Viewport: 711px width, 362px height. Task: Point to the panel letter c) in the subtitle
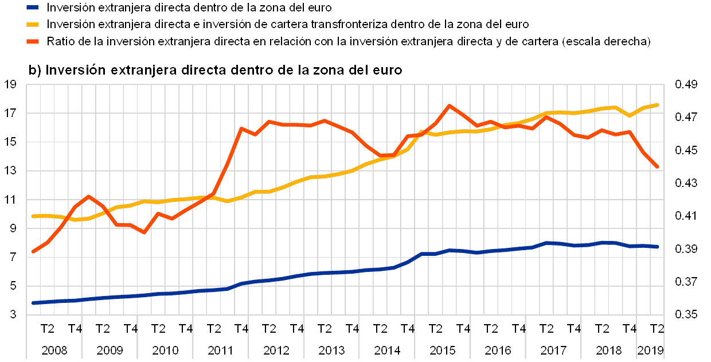(36, 70)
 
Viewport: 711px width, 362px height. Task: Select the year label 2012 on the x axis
(275, 349)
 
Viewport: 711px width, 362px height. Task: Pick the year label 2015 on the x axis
(442, 349)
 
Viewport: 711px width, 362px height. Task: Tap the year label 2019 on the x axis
(651, 349)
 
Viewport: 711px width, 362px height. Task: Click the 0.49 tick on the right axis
(686, 85)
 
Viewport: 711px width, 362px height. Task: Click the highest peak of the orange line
(450, 106)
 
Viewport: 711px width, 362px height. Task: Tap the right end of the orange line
(657, 166)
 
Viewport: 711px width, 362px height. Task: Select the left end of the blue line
(33, 302)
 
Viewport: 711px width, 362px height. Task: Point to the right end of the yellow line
(657, 105)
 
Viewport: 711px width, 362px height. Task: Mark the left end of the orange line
(33, 251)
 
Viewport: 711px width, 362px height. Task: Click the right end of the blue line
(657, 247)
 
